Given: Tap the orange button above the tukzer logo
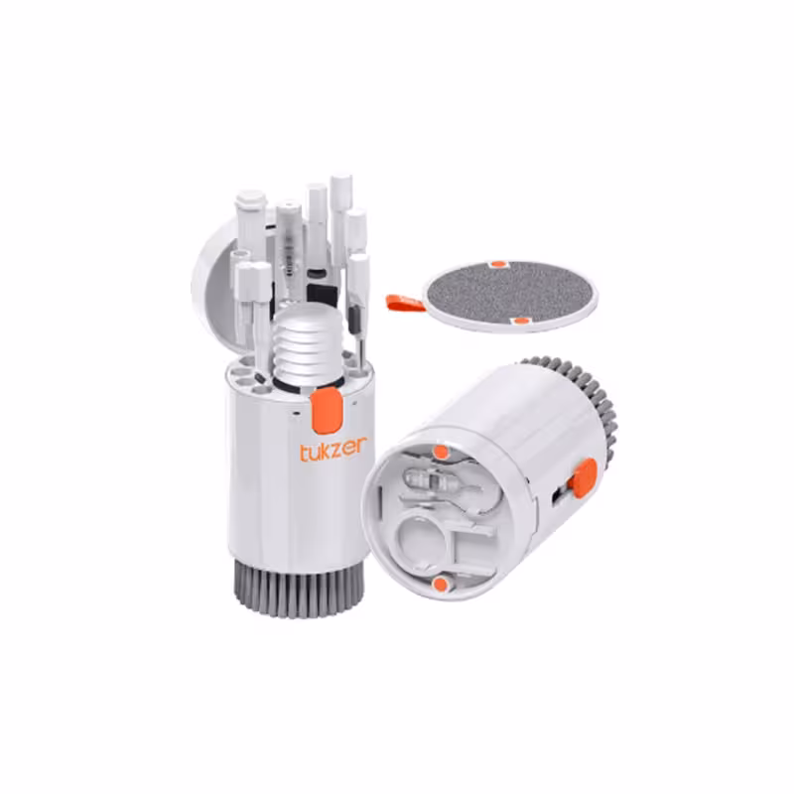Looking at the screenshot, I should [x=325, y=408].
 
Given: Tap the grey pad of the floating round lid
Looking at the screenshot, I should [x=510, y=293].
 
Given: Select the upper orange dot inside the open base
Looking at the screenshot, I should [x=440, y=453].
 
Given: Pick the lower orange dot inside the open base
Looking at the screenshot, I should [x=438, y=585].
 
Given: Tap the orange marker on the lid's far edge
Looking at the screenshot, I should [x=500, y=264].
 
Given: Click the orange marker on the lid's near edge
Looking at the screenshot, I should [x=522, y=321].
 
